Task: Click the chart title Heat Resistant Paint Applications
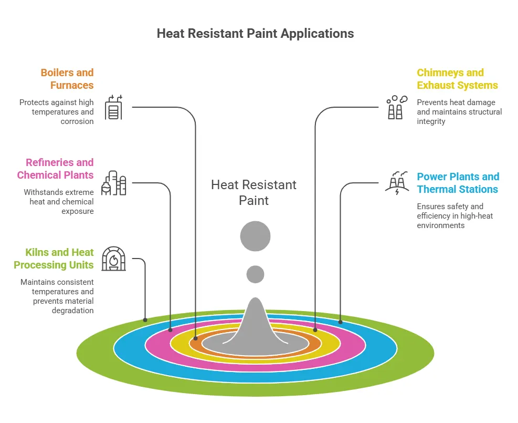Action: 255,34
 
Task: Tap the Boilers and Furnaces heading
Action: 67,79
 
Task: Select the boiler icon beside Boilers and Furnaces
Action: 114,107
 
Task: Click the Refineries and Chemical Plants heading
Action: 55,169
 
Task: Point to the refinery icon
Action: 114,183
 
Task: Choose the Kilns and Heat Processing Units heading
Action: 54,259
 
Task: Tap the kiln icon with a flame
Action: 114,259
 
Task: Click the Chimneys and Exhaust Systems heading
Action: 457,79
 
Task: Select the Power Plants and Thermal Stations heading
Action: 458,183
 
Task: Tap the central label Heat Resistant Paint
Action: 253,192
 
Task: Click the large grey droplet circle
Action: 255,236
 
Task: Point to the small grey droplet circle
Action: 255,274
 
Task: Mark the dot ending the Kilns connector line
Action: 145,319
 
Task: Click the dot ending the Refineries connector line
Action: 170,330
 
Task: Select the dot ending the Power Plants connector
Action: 340,322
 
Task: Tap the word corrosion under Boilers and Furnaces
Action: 77,121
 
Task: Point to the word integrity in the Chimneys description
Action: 431,121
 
